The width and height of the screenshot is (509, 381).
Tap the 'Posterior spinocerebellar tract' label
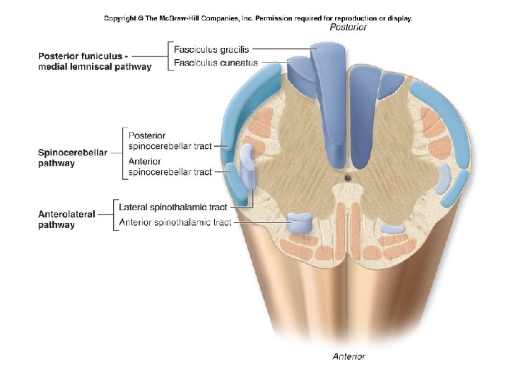(x=170, y=140)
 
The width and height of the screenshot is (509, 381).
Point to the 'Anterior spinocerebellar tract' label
(x=170, y=167)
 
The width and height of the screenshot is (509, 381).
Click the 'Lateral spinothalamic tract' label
(x=173, y=207)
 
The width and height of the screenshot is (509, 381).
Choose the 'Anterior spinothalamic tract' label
(x=175, y=223)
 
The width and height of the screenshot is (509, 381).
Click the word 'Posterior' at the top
(x=349, y=28)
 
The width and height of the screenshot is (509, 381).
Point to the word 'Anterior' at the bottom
(x=349, y=356)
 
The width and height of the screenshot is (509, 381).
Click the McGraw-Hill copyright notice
(x=258, y=18)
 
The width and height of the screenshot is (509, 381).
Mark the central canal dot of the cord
(x=347, y=178)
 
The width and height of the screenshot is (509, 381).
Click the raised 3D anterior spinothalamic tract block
(x=300, y=224)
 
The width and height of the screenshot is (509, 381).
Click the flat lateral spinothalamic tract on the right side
(x=443, y=181)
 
